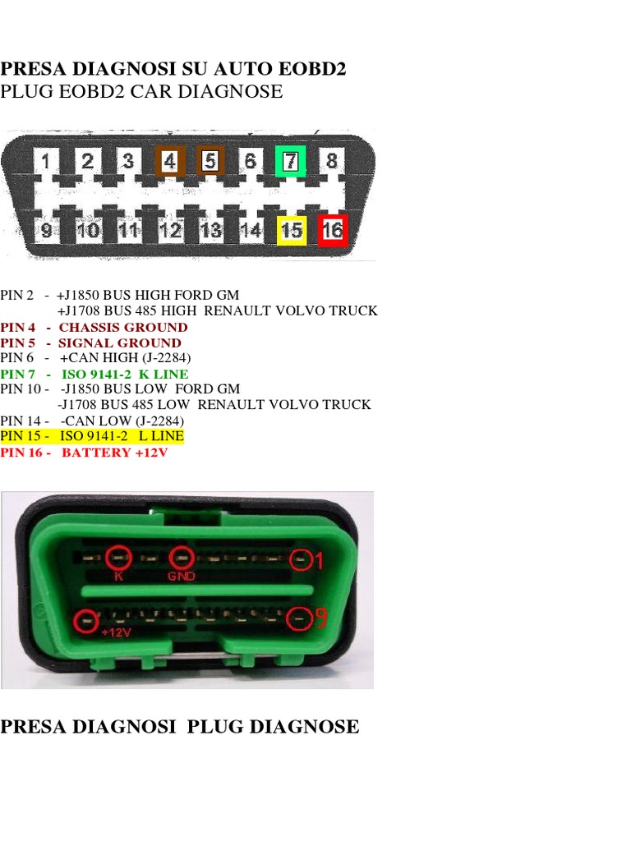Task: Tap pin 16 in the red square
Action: [332, 230]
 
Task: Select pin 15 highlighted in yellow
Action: [292, 230]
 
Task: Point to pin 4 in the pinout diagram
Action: [169, 162]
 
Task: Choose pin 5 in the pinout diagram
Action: [210, 162]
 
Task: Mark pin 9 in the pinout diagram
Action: [47, 231]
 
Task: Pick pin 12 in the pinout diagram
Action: [170, 231]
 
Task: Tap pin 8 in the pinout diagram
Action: [331, 161]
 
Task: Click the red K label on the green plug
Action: [119, 577]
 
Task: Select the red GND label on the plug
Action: [181, 577]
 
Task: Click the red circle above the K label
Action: [120, 557]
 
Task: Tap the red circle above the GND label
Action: [181, 557]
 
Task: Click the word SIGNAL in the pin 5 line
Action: [84, 343]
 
